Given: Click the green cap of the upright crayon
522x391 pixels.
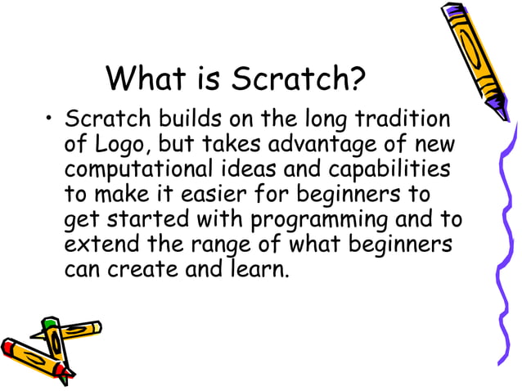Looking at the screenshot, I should tap(51, 326).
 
